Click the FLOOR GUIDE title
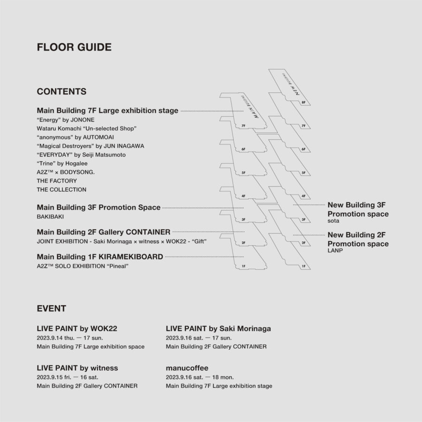(x=74, y=47)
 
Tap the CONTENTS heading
(x=61, y=91)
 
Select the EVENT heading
(x=51, y=309)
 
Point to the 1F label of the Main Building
(x=243, y=266)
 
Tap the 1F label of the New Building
(x=304, y=266)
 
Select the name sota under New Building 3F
(x=333, y=221)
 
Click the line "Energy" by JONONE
(x=61, y=120)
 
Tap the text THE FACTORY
(x=57, y=181)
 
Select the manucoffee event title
(x=187, y=368)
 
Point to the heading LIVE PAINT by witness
(x=77, y=368)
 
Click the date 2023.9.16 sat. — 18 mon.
(x=200, y=377)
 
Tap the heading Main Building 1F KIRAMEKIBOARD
(x=100, y=257)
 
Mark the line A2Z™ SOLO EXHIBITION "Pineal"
(x=83, y=266)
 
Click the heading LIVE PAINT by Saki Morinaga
(x=219, y=329)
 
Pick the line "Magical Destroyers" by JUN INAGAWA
(x=90, y=146)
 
